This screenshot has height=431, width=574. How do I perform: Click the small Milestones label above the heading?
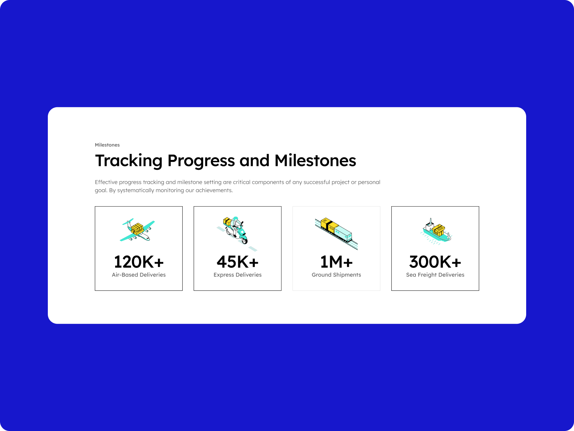tap(107, 145)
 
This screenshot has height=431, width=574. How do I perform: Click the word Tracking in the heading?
tap(129, 161)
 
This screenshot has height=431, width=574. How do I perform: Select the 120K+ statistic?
tap(139, 262)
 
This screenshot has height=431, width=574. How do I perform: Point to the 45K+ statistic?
tap(238, 262)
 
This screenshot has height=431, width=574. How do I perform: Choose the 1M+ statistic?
tap(336, 262)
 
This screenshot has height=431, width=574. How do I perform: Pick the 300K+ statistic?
tap(435, 262)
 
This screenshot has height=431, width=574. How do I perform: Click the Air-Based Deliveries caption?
tap(139, 275)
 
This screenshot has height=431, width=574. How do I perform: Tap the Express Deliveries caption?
tap(238, 275)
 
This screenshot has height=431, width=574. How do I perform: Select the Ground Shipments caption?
tap(336, 275)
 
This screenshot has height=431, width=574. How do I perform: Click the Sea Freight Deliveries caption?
tap(435, 275)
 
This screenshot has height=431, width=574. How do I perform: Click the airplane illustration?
tap(137, 230)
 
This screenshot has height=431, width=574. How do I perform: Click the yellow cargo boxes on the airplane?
tap(137, 228)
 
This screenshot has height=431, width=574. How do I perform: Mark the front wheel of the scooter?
tap(245, 240)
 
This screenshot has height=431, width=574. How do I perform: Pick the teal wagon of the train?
tap(343, 233)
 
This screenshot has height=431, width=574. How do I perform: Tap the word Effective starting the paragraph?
tap(106, 182)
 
